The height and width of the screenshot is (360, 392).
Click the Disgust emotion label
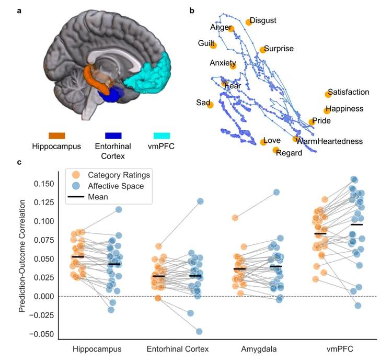point(263,20)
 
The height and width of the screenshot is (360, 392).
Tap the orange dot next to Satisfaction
point(328,94)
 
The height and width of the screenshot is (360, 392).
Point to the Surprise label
point(279,48)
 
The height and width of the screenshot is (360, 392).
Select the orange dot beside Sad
point(210,105)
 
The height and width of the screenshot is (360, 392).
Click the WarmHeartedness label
point(329,141)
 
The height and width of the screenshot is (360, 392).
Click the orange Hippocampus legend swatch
point(57,136)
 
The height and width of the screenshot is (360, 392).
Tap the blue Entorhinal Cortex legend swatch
point(113,136)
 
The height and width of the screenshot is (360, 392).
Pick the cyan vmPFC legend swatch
point(162,136)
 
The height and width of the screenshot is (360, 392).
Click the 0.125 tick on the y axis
point(44,203)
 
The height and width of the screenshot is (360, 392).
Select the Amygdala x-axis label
point(259,349)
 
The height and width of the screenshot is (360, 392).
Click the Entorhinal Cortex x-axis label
point(178,349)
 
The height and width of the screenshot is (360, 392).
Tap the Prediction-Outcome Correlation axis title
point(22,256)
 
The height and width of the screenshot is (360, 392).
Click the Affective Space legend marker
point(76,186)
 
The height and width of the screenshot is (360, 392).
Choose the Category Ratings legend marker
point(76,175)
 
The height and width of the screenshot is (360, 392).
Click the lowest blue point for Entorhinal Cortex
point(199,331)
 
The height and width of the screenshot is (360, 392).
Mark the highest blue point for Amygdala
point(276,192)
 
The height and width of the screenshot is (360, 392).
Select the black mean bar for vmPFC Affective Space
point(356,224)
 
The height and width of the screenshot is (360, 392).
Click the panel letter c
point(19,163)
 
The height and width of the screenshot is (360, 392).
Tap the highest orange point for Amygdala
point(235,218)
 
